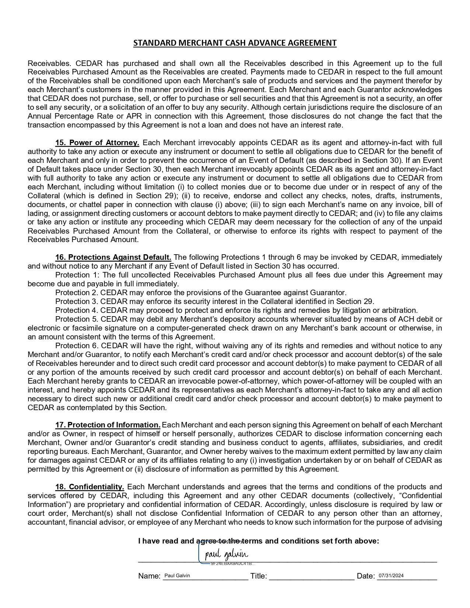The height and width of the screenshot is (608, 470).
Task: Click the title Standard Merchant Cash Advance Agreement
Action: (235, 43)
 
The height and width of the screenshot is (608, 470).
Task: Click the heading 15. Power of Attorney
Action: (97, 143)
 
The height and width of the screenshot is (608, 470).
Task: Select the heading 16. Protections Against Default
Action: (113, 257)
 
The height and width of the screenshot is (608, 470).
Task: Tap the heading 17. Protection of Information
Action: (108, 425)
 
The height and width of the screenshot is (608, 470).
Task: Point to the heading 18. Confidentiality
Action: (90, 487)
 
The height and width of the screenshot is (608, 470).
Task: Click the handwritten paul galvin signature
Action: (226, 554)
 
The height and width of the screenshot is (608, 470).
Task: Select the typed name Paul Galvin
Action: (177, 576)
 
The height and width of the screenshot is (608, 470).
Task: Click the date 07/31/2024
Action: (391, 576)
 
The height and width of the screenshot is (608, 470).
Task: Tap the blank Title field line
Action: (311, 577)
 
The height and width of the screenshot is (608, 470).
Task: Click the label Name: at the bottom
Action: (149, 576)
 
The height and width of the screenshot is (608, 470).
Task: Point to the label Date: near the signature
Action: (366, 576)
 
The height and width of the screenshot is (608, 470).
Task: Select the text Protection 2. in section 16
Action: (77, 293)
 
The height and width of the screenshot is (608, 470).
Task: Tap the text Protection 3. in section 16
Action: (77, 301)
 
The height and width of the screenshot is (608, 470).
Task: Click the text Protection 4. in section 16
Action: (77, 310)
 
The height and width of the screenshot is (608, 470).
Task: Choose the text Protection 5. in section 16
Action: (77, 319)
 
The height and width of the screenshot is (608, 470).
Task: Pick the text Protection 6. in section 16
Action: (77, 346)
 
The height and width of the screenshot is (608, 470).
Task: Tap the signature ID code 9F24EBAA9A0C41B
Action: (232, 564)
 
